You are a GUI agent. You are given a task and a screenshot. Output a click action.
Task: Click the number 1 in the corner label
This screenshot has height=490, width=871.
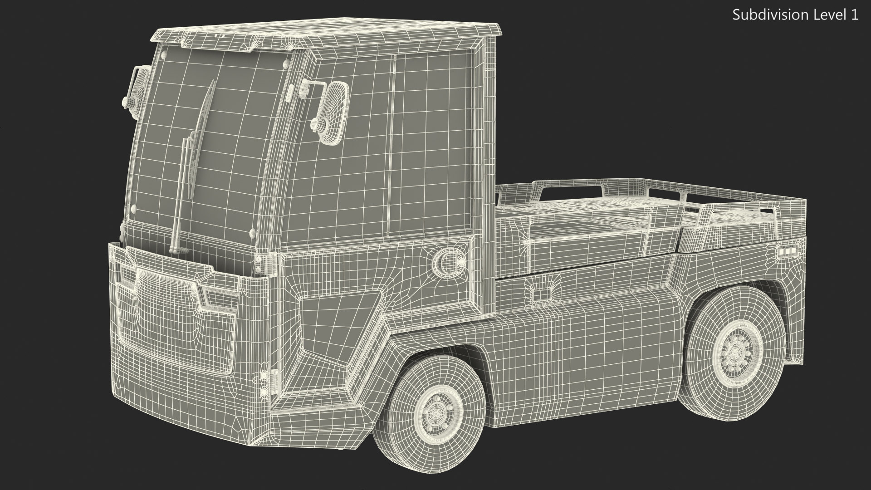(x=854, y=15)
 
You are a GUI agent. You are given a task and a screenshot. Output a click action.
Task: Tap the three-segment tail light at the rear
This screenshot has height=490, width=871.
(x=787, y=250)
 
